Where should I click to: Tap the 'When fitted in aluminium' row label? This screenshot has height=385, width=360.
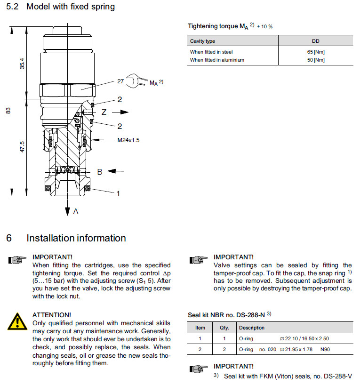pos(217,60)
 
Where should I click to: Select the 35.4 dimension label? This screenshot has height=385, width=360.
pos(22,64)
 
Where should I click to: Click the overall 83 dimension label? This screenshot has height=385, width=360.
pos(8,111)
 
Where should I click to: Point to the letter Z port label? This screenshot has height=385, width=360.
pos(104,112)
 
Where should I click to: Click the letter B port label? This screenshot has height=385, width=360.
pos(99,172)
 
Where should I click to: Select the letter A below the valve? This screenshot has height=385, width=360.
pos(76,212)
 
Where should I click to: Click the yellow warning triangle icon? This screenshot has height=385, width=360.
pos(17,322)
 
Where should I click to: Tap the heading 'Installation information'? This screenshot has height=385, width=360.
pos(76,238)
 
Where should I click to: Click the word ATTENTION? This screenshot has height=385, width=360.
pos(52,314)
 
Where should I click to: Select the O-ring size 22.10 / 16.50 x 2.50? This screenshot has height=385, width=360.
pos(305,338)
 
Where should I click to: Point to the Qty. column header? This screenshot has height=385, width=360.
pos(224,328)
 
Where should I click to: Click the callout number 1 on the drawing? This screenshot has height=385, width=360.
pos(118,193)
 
